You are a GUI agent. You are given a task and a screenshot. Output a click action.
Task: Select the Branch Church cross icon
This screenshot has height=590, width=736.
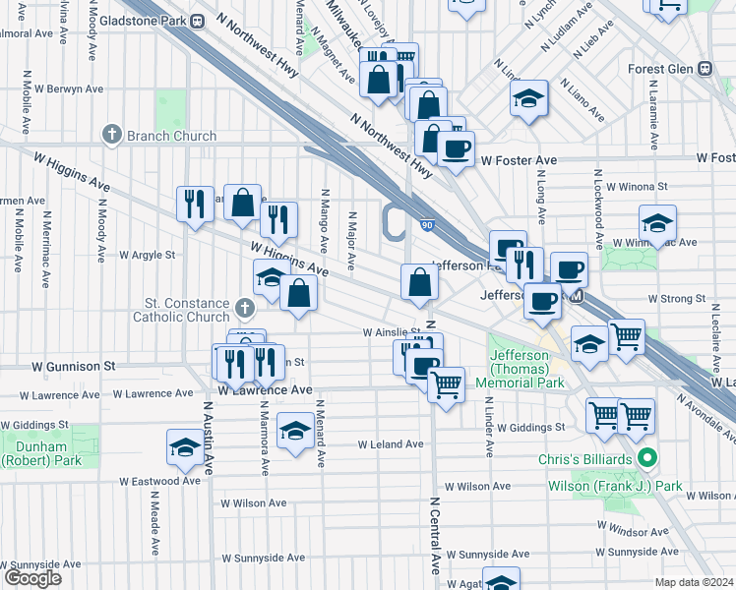[x=112, y=135]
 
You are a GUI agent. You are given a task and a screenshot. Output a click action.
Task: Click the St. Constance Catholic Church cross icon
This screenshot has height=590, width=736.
[x=246, y=310]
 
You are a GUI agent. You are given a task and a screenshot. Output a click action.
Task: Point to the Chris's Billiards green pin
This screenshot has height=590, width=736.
[x=646, y=457]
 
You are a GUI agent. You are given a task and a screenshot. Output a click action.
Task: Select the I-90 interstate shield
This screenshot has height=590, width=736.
[x=425, y=226]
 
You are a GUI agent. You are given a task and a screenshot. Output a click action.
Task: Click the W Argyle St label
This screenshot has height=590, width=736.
[x=147, y=255]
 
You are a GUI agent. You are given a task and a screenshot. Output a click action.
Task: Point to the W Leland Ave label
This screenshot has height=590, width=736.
[x=390, y=444]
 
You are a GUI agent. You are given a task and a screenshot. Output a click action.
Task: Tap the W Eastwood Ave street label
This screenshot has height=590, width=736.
[x=159, y=482]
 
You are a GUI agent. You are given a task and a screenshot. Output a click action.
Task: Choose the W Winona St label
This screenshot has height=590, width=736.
[x=637, y=185]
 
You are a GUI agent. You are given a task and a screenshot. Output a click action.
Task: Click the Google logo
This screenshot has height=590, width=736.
[x=31, y=578]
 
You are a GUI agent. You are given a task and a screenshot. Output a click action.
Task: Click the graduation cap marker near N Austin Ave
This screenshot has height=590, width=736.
[x=184, y=447]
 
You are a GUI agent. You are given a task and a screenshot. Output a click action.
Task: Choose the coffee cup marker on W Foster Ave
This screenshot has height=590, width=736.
[x=455, y=149]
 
